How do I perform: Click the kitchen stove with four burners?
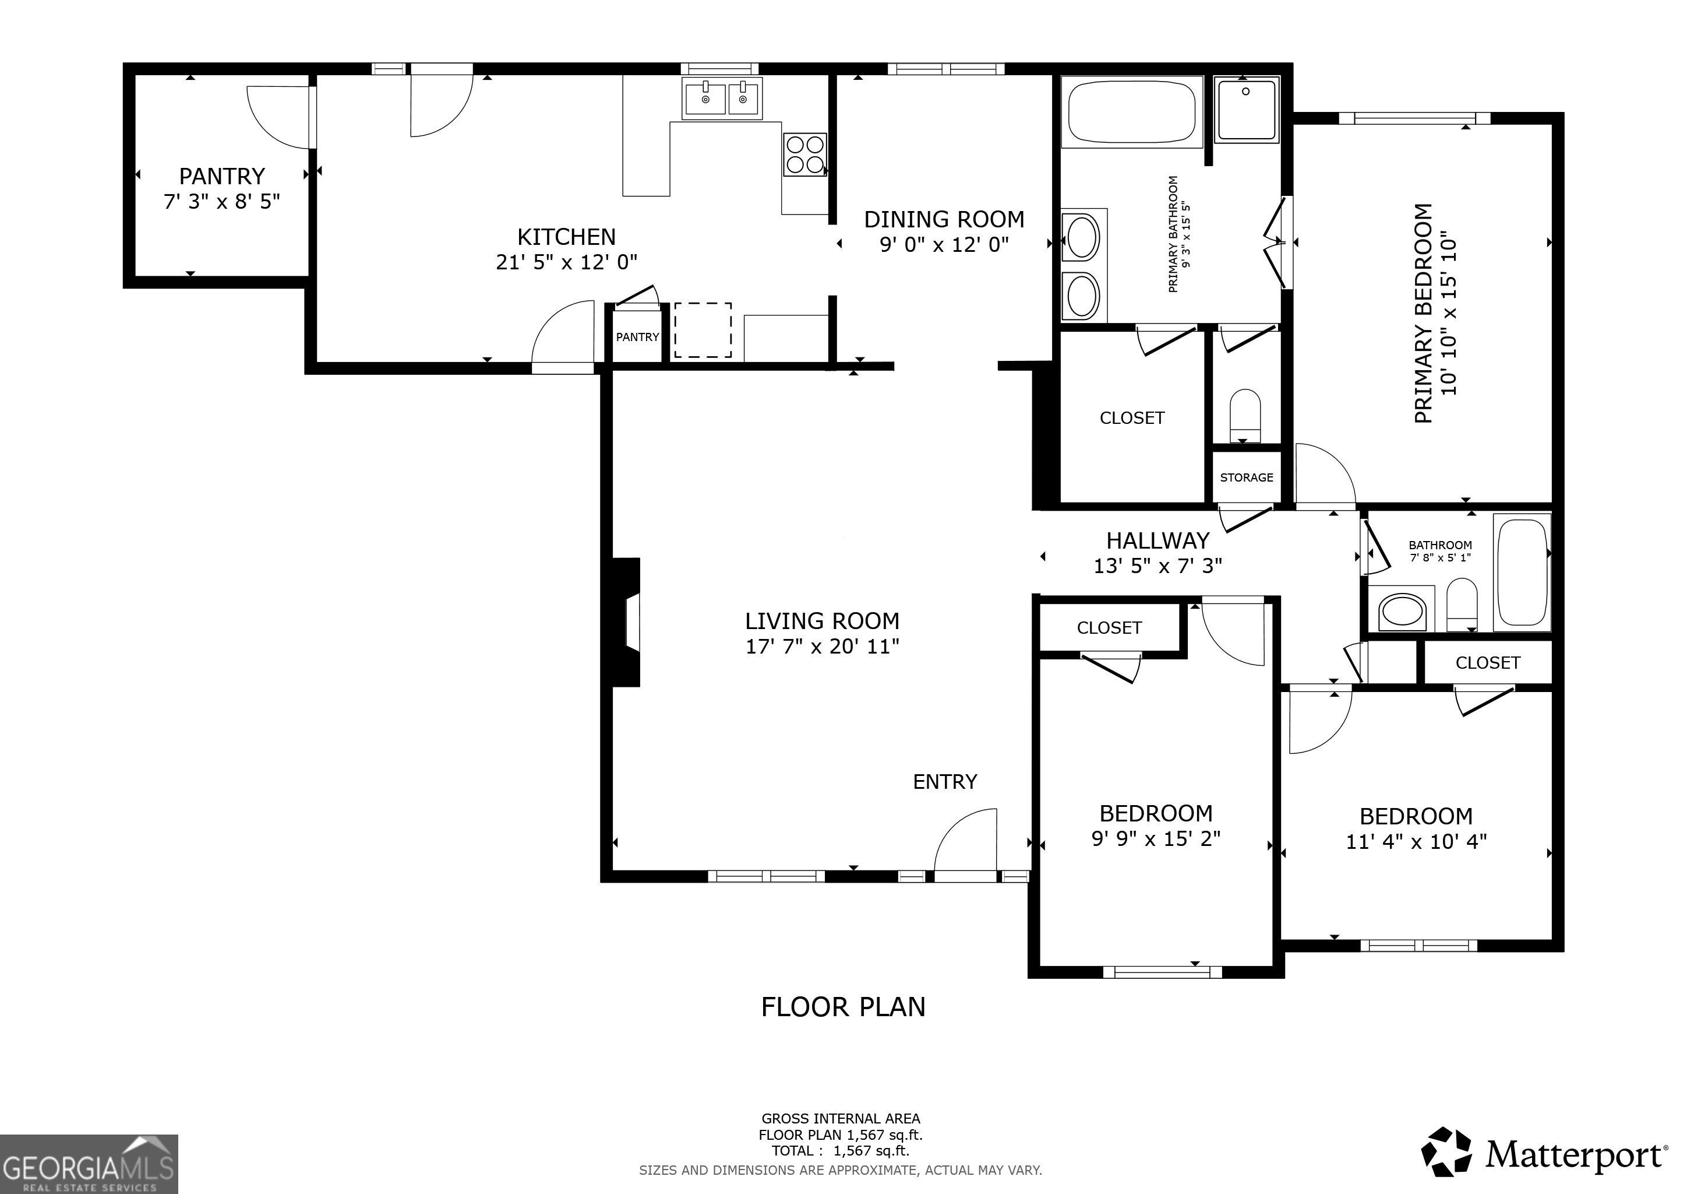click(x=805, y=154)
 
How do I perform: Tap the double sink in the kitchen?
click(x=723, y=98)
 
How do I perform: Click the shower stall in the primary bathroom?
click(x=1248, y=109)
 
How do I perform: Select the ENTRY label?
click(x=945, y=782)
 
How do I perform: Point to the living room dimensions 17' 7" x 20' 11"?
click(x=822, y=646)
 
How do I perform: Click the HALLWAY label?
click(x=1157, y=540)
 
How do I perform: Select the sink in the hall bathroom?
click(x=1402, y=610)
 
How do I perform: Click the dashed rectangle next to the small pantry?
click(x=703, y=330)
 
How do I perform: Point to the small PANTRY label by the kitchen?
click(x=637, y=337)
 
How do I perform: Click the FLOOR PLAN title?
click(x=843, y=1006)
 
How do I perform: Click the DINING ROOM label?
click(x=944, y=219)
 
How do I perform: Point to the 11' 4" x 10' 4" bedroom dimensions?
click(x=1416, y=841)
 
